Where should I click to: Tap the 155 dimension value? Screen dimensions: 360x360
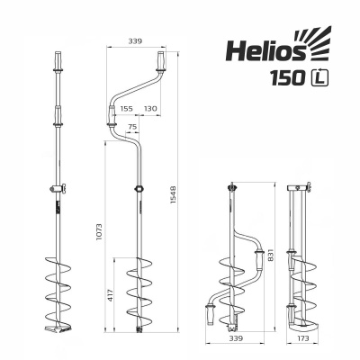coord(126,108)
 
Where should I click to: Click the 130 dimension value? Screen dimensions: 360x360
coord(150,108)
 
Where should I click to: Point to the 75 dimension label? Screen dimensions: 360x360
coord(132,127)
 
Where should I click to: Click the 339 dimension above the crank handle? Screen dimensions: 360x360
coord(136,41)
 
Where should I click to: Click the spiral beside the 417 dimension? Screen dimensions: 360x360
coord(140,297)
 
